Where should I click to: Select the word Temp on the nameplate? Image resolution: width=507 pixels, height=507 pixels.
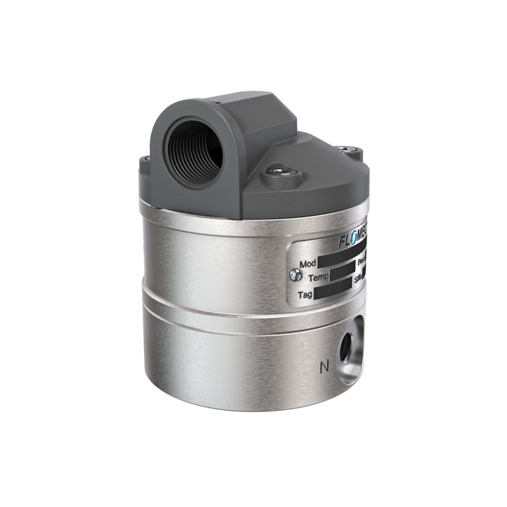(x=319, y=278)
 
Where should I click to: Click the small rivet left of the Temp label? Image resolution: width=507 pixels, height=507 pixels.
(x=292, y=275)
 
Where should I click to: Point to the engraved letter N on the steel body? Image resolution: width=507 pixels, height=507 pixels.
(x=323, y=366)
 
